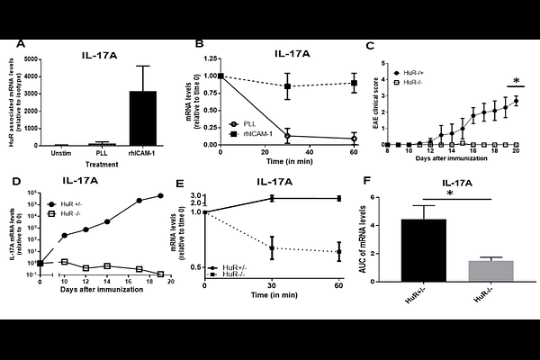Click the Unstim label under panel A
[62, 152]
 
